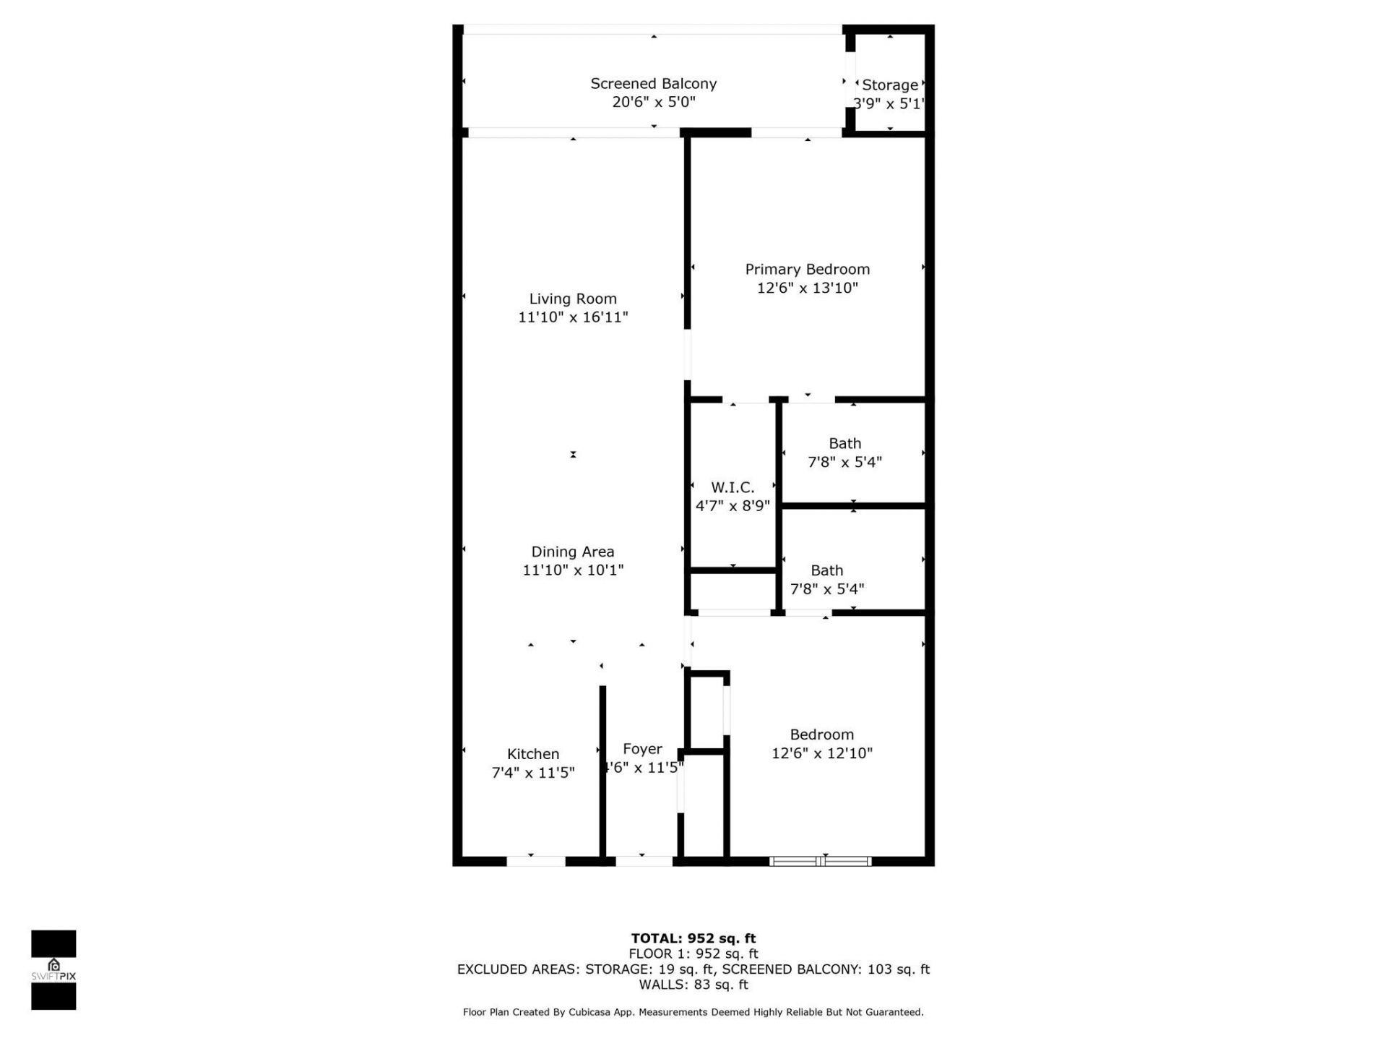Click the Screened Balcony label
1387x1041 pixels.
pyautogui.click(x=653, y=84)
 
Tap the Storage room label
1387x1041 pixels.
pyautogui.click(x=889, y=85)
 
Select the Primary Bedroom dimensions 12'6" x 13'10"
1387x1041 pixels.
pyautogui.click(x=807, y=288)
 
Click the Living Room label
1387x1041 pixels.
pyautogui.click(x=573, y=299)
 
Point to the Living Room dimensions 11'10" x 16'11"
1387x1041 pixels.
pyautogui.click(x=573, y=317)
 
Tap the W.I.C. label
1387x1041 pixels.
pyautogui.click(x=733, y=487)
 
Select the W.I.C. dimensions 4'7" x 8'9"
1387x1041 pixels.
pyautogui.click(x=733, y=506)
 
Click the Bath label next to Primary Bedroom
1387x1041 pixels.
pyautogui.click(x=844, y=444)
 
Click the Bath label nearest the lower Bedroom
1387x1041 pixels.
pyautogui.click(x=826, y=570)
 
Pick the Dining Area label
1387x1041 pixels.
pyautogui.click(x=573, y=552)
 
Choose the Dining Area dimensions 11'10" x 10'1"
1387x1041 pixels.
pyautogui.click(x=573, y=570)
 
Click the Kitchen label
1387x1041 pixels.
pyautogui.click(x=533, y=754)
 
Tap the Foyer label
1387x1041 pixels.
pyautogui.click(x=642, y=749)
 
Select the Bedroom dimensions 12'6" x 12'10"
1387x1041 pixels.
pyautogui.click(x=821, y=753)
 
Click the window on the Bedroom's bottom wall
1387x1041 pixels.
pyautogui.click(x=820, y=861)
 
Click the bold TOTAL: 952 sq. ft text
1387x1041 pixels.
pyautogui.click(x=693, y=938)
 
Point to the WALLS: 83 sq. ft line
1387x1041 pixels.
pyautogui.click(x=693, y=985)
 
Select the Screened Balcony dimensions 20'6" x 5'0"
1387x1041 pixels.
pyautogui.click(x=653, y=102)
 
